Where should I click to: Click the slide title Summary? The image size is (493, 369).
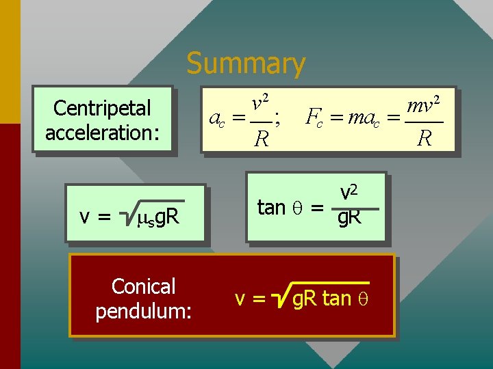click(246, 64)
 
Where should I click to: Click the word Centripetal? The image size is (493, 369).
click(102, 108)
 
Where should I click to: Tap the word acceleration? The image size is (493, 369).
click(102, 132)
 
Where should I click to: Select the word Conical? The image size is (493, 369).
click(143, 286)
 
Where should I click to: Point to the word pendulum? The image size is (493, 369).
click(143, 311)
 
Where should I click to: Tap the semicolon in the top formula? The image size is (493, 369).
click(277, 118)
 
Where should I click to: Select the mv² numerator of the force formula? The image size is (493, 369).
click(422, 105)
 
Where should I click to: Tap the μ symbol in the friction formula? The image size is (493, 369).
click(142, 218)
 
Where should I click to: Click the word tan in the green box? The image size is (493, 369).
click(271, 207)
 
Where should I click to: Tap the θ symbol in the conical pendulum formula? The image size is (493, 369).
click(364, 299)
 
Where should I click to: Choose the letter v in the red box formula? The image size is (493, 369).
click(240, 299)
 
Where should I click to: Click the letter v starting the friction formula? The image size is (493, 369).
click(86, 218)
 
